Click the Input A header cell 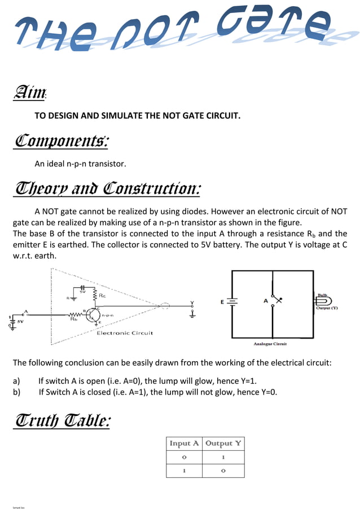click(184, 444)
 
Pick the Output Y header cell click(223, 444)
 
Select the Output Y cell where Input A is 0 click(223, 458)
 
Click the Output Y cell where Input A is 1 click(223, 471)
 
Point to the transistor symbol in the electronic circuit click(94, 314)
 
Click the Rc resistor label click(102, 295)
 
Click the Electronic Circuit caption click(125, 333)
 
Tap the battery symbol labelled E click(232, 302)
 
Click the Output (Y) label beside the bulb click(326, 309)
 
